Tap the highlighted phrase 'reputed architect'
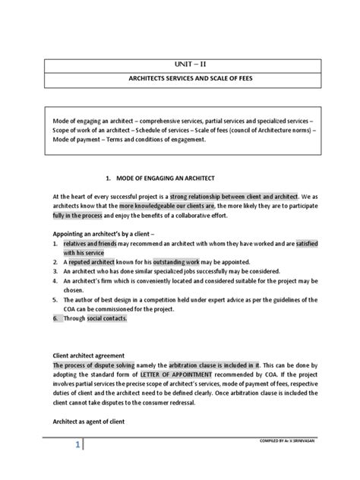91,262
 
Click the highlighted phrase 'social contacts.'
106,319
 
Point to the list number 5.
55,300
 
